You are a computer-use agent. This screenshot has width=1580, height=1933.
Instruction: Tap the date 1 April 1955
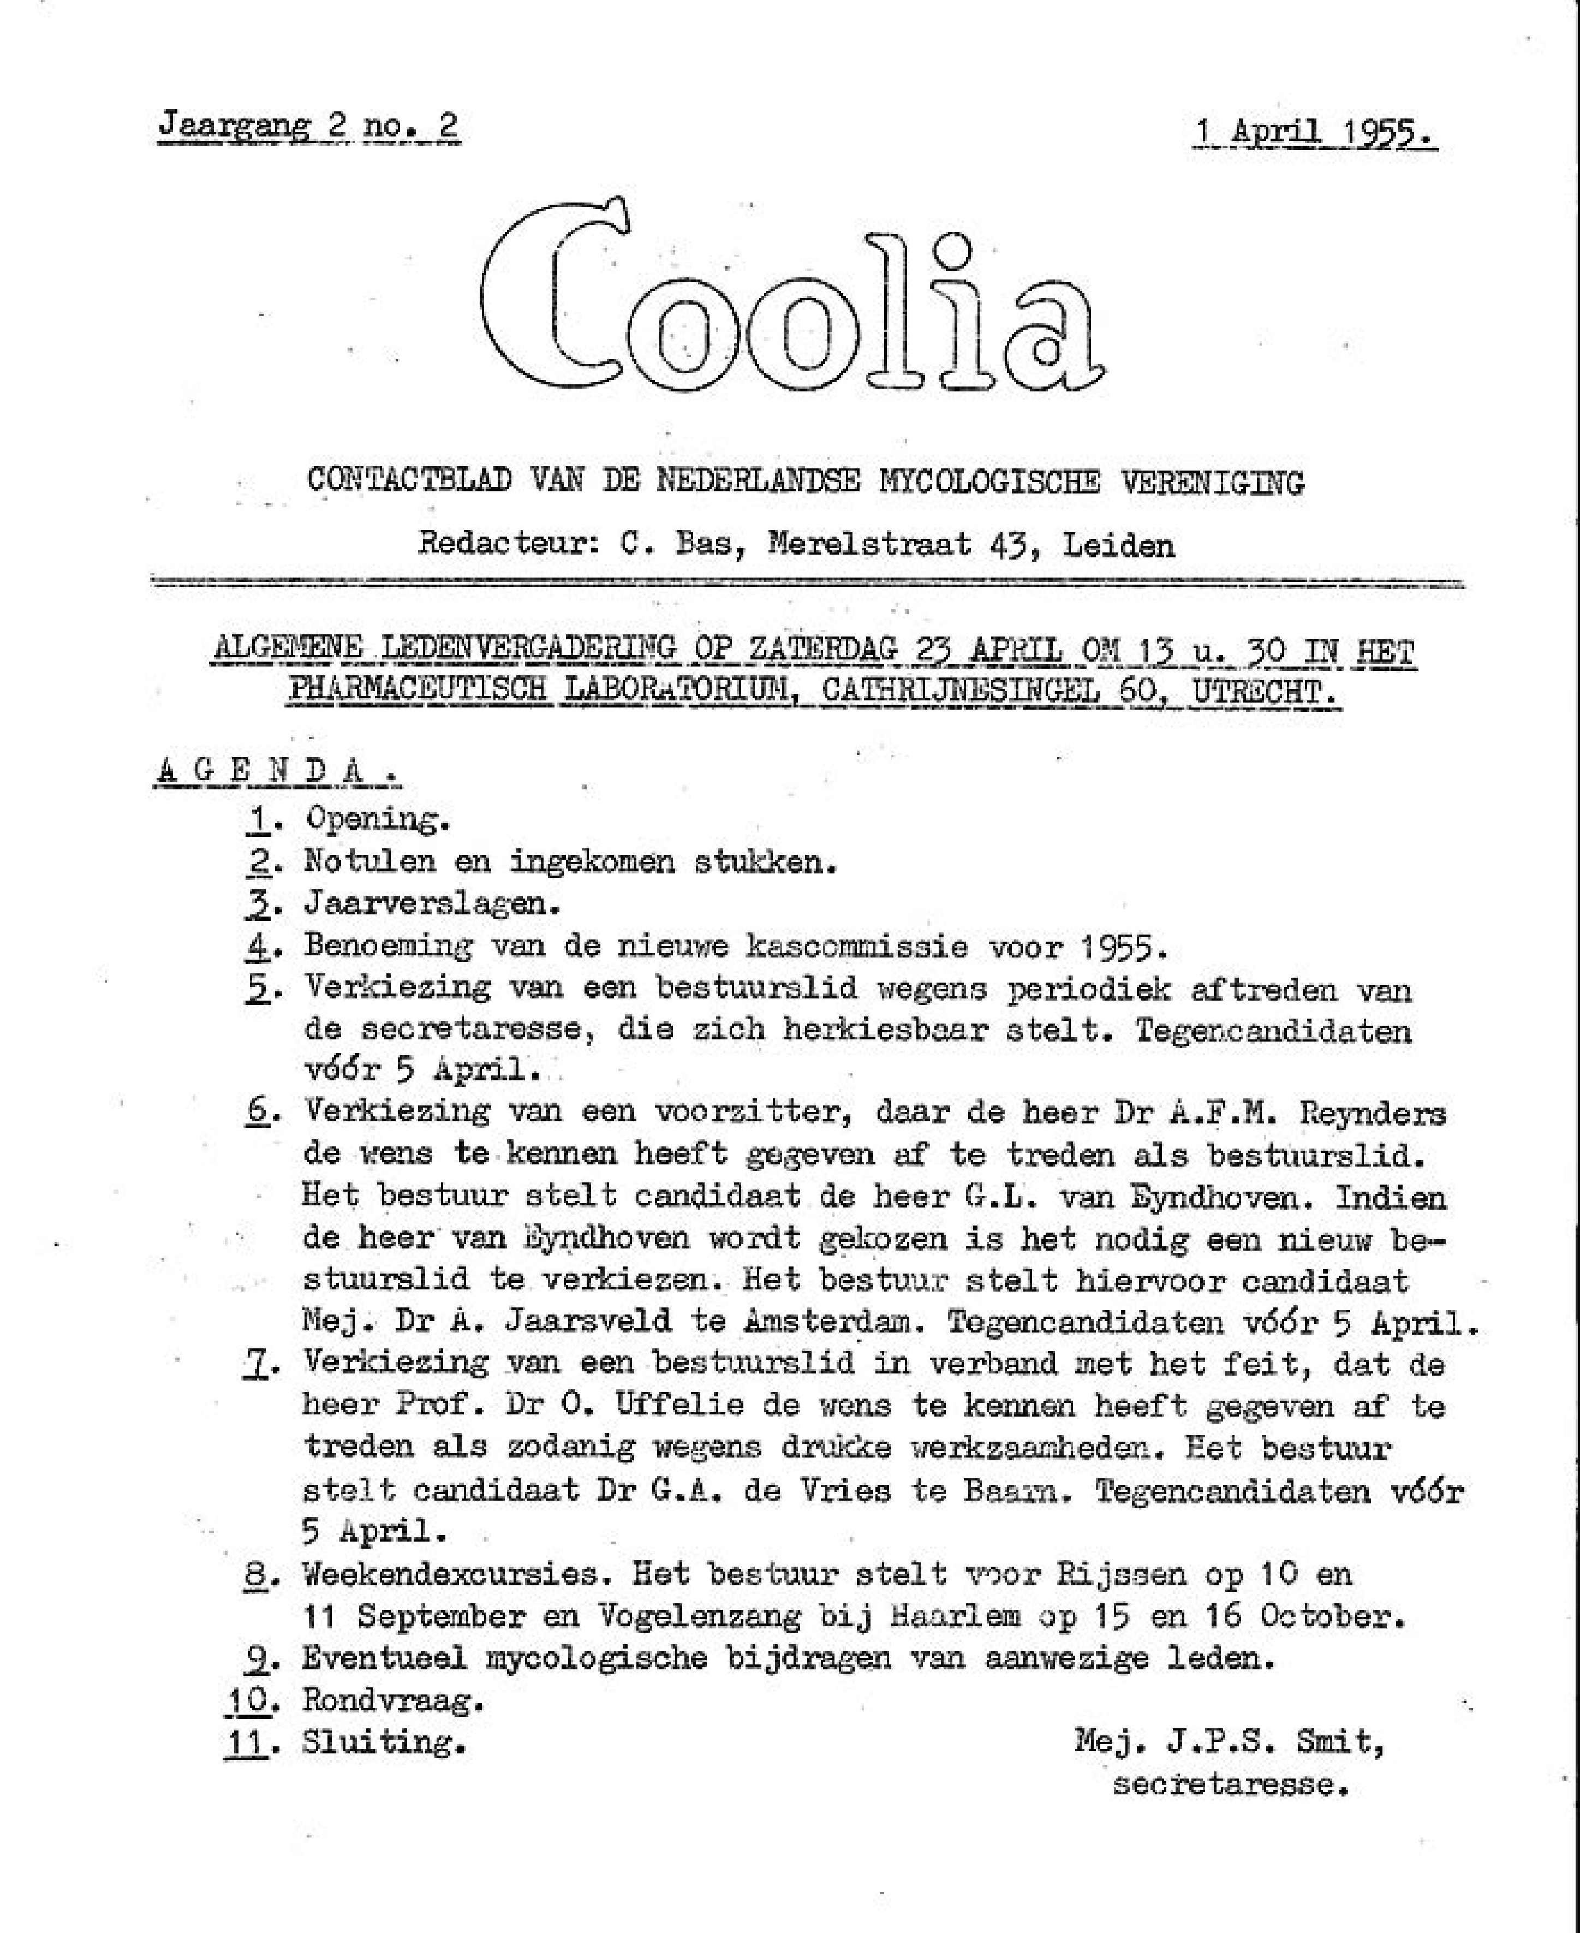1315,133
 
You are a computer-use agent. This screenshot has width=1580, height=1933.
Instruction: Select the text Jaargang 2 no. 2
308,125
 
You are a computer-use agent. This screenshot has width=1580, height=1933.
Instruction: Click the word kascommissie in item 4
856,947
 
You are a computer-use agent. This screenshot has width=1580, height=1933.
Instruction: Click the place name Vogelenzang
699,1616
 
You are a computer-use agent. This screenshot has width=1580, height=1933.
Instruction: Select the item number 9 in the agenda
257,1659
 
